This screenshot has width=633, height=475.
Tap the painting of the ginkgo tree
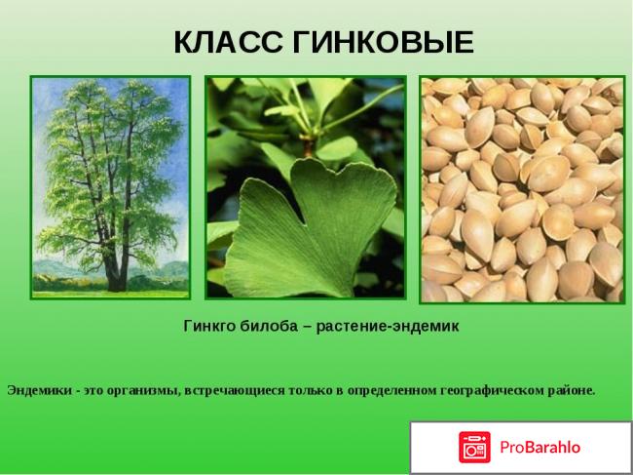[x=110, y=186]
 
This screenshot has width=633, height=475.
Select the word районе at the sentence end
[x=573, y=390]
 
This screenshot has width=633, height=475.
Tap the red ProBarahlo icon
[x=475, y=447]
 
